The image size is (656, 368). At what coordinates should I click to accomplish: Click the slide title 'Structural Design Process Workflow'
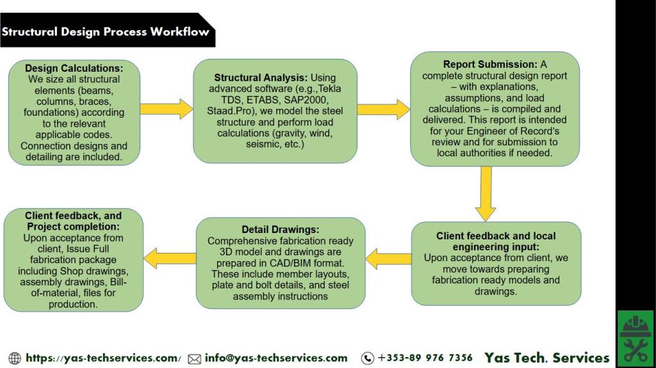click(x=106, y=31)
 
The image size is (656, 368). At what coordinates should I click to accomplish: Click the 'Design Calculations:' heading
click(x=74, y=68)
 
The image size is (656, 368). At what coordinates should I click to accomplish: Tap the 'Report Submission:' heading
click(x=489, y=65)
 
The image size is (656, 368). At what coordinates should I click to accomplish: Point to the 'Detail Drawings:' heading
click(x=280, y=229)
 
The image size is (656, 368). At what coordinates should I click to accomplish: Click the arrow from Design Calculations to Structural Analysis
click(x=167, y=108)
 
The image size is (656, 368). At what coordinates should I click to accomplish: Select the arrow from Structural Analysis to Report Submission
click(x=383, y=109)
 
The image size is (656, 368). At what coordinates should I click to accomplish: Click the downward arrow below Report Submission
click(x=486, y=193)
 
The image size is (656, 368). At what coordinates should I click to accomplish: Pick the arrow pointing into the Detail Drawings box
click(x=388, y=259)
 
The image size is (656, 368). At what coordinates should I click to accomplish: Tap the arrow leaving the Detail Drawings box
click(x=170, y=258)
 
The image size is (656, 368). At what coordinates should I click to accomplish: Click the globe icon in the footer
click(x=15, y=358)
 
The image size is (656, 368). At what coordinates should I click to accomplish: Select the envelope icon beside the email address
click(x=194, y=359)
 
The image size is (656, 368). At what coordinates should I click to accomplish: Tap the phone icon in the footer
click(x=367, y=358)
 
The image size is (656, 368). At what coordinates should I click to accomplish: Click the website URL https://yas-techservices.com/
click(x=103, y=358)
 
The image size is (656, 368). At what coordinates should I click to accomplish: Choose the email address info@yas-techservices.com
click(x=276, y=358)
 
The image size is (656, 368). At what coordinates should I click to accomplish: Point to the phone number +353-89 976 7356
click(x=425, y=358)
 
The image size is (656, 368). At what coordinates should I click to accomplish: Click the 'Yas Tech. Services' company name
click(x=546, y=358)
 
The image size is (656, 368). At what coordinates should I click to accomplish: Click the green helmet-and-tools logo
click(x=635, y=339)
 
